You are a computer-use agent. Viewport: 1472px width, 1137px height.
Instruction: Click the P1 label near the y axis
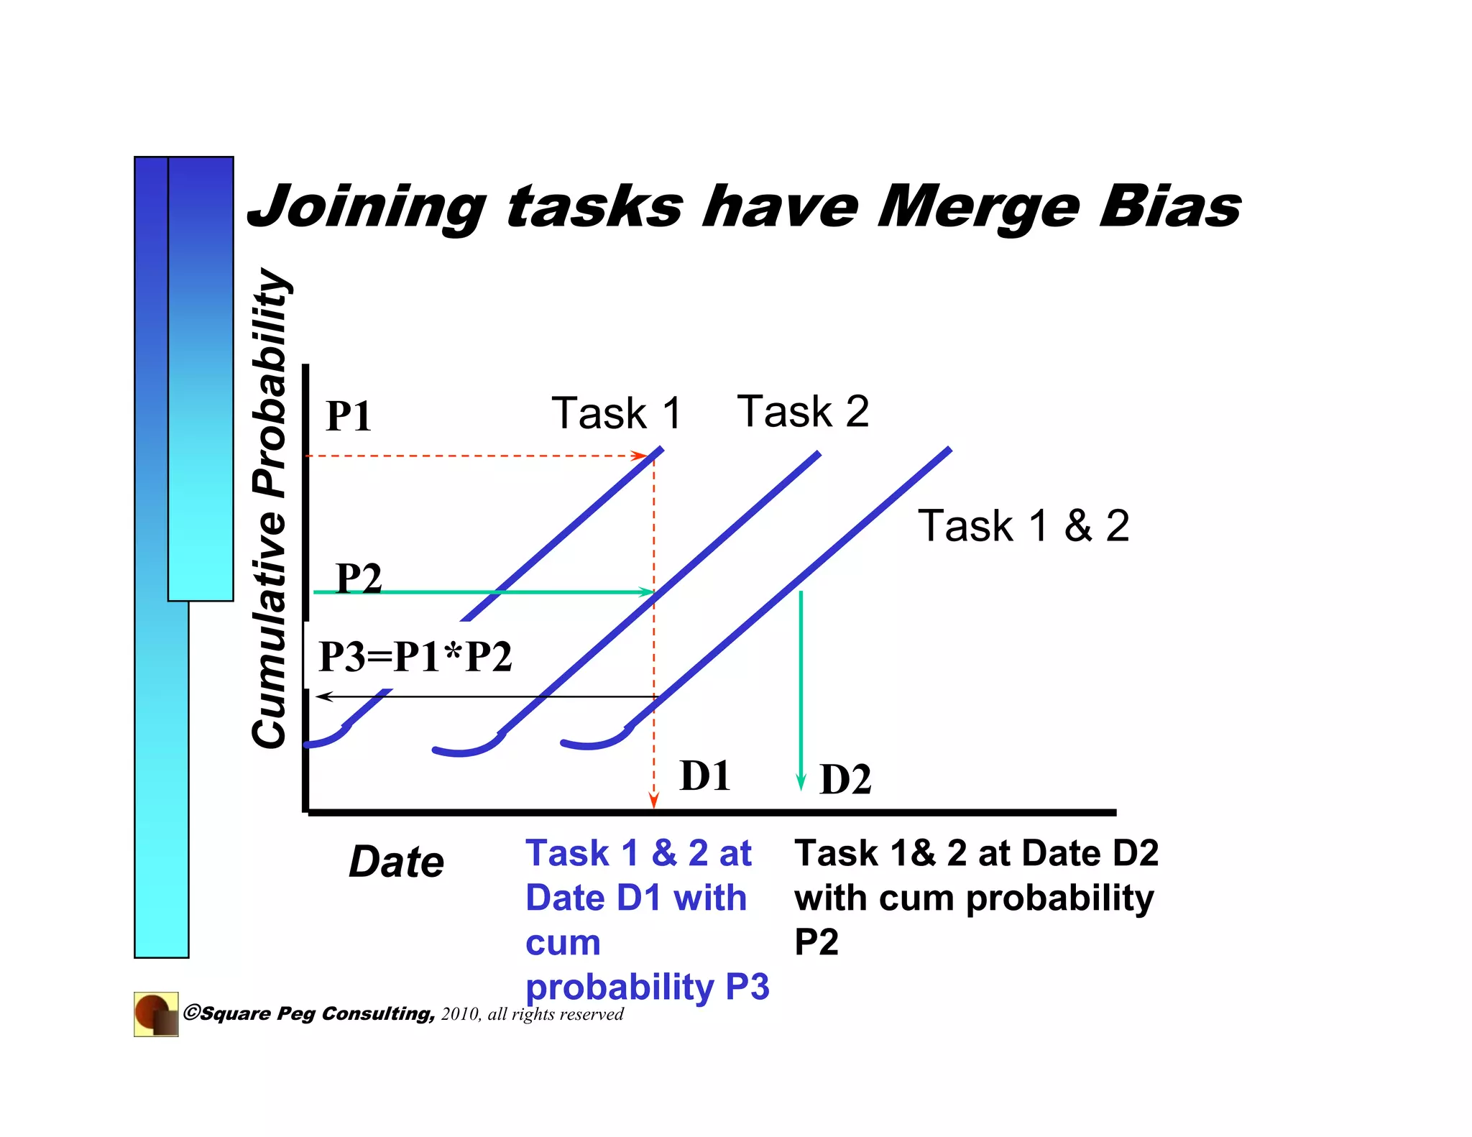349,416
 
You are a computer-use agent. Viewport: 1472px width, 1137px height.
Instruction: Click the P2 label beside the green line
359,578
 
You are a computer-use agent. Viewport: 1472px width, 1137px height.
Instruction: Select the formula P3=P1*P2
415,656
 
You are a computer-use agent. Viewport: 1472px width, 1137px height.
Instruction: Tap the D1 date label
705,776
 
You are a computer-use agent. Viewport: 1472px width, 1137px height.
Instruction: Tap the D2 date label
845,779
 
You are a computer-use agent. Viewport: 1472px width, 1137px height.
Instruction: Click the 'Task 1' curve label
616,413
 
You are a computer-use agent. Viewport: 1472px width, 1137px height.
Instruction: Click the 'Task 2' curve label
803,412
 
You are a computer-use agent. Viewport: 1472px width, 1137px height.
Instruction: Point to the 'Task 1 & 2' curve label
1023,525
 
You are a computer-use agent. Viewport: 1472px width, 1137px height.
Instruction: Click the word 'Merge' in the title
978,207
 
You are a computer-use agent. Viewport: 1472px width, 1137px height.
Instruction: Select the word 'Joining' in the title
367,208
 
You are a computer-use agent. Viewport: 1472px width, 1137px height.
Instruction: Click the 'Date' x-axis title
397,862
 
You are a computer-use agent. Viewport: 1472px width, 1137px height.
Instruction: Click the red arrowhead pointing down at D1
653,801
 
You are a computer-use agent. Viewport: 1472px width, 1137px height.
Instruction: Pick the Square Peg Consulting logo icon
156,1014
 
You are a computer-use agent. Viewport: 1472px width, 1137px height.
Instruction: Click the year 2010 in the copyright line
460,1014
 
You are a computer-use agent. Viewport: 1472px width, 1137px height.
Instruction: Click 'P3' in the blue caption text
747,987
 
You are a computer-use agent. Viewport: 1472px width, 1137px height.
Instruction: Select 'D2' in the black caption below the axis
1135,853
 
